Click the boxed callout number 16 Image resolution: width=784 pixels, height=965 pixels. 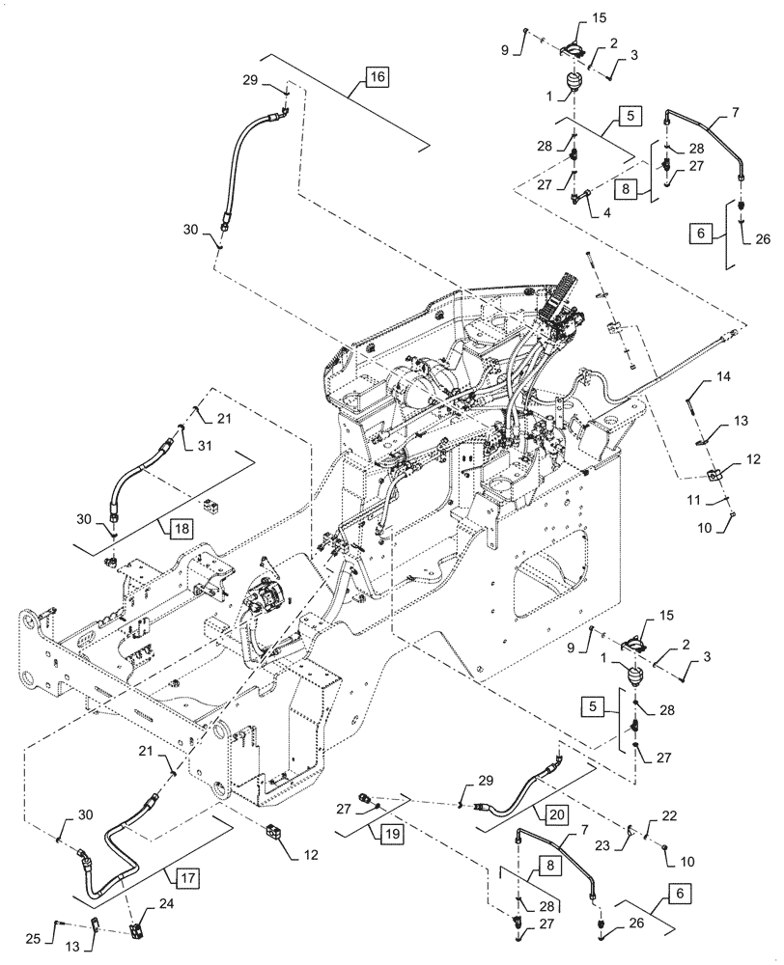[x=376, y=76]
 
